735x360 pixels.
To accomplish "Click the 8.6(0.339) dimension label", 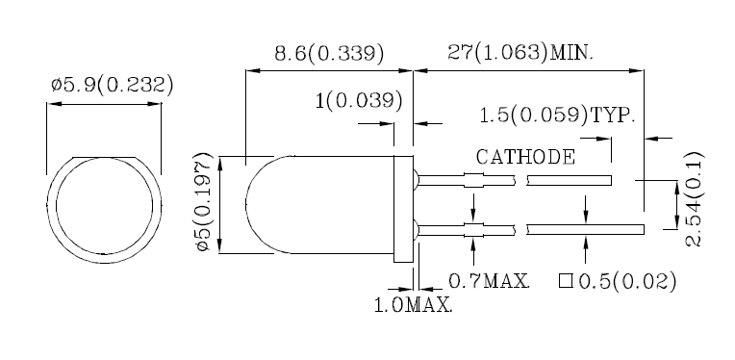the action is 329,54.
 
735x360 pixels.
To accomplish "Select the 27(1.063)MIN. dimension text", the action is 520,53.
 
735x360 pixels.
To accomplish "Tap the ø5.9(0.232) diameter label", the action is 113,86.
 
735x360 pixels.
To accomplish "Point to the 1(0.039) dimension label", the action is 359,101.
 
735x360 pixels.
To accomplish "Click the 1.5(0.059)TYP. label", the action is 557,115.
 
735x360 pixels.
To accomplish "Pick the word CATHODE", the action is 525,157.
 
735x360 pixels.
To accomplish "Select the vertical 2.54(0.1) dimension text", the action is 694,198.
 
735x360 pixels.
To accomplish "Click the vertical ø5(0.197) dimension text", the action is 205,202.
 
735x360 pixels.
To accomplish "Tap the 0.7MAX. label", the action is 490,281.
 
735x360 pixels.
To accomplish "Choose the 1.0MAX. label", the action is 414,305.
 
